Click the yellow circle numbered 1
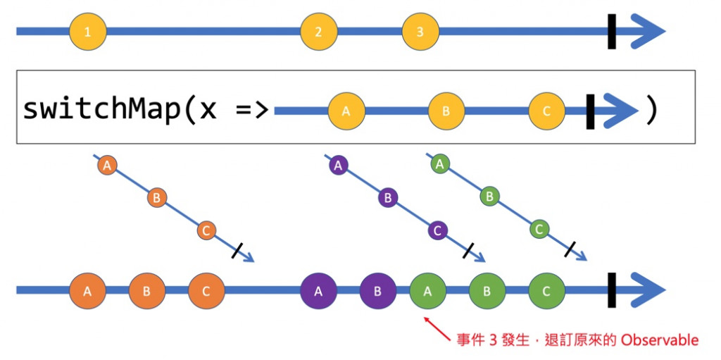pos(87,32)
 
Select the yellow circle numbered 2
pos(318,32)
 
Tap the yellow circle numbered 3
pos(420,32)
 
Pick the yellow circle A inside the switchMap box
pos(346,111)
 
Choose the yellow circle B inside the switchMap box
pos(446,111)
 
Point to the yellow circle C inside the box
pos(547,111)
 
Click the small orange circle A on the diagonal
pos(107,166)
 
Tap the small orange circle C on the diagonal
pos(206,230)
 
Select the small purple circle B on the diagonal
pos(387,198)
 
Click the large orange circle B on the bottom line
pos(146,291)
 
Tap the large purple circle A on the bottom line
pos(318,291)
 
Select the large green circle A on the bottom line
pos(427,291)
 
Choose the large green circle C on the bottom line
pos(546,291)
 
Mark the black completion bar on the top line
pos(612,32)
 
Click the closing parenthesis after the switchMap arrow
pos(651,111)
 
